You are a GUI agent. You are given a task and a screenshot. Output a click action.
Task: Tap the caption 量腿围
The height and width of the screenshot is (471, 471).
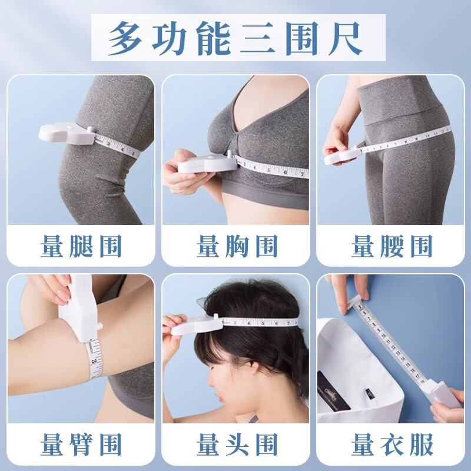coord(81,246)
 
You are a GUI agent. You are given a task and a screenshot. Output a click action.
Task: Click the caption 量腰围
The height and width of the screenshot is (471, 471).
coord(392,246)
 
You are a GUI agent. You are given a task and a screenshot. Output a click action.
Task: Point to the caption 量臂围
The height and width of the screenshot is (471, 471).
coord(81,445)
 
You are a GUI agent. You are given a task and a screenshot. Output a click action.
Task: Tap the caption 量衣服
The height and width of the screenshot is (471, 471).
coord(392,445)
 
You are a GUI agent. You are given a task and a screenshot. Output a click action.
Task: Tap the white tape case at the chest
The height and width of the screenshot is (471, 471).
coord(200,160)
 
